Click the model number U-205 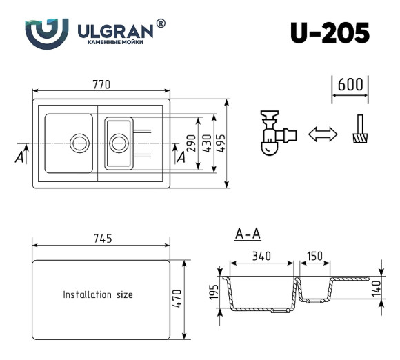(x=330, y=32)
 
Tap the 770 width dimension (x=101, y=85)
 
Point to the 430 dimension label (x=206, y=142)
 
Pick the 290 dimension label (x=191, y=142)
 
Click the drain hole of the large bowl (x=79, y=143)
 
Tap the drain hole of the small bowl (x=119, y=143)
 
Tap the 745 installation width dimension (x=101, y=239)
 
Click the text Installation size (x=98, y=294)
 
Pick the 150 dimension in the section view (x=314, y=256)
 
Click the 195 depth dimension (x=214, y=292)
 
